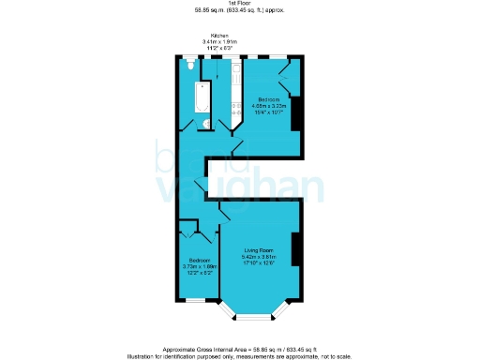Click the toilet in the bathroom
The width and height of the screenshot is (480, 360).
(190, 67)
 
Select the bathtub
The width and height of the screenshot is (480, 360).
(202, 97)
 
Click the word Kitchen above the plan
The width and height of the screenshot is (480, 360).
(220, 35)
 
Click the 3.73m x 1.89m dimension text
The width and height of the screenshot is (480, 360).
(199, 265)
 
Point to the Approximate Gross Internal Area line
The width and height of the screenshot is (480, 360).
(241, 346)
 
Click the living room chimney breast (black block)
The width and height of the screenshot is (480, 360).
(295, 251)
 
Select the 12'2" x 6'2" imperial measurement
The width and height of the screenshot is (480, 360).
(199, 272)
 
